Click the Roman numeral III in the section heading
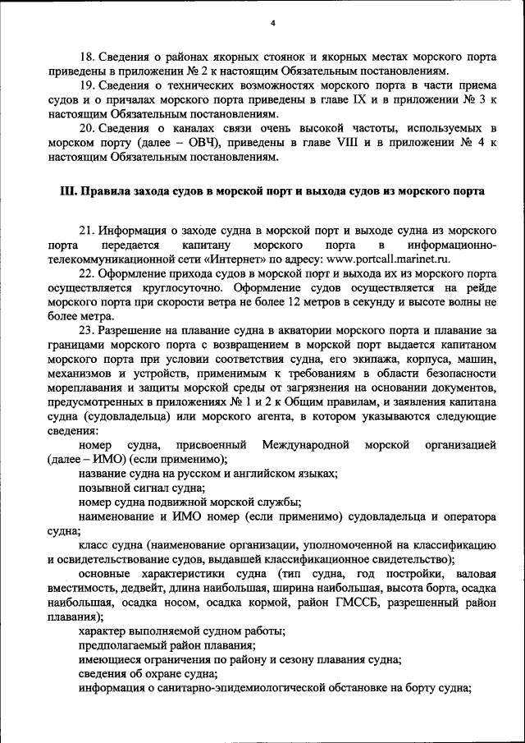69,191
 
